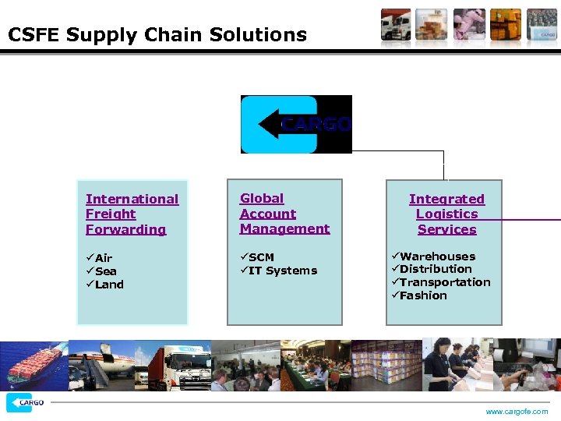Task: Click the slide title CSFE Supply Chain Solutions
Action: click(157, 35)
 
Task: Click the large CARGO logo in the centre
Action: click(296, 124)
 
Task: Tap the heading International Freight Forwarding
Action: click(132, 214)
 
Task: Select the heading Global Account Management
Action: click(284, 214)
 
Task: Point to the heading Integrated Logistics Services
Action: click(446, 214)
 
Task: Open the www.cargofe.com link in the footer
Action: click(517, 412)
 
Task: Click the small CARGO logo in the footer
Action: click(25, 403)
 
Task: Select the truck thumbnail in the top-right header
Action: click(395, 25)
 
